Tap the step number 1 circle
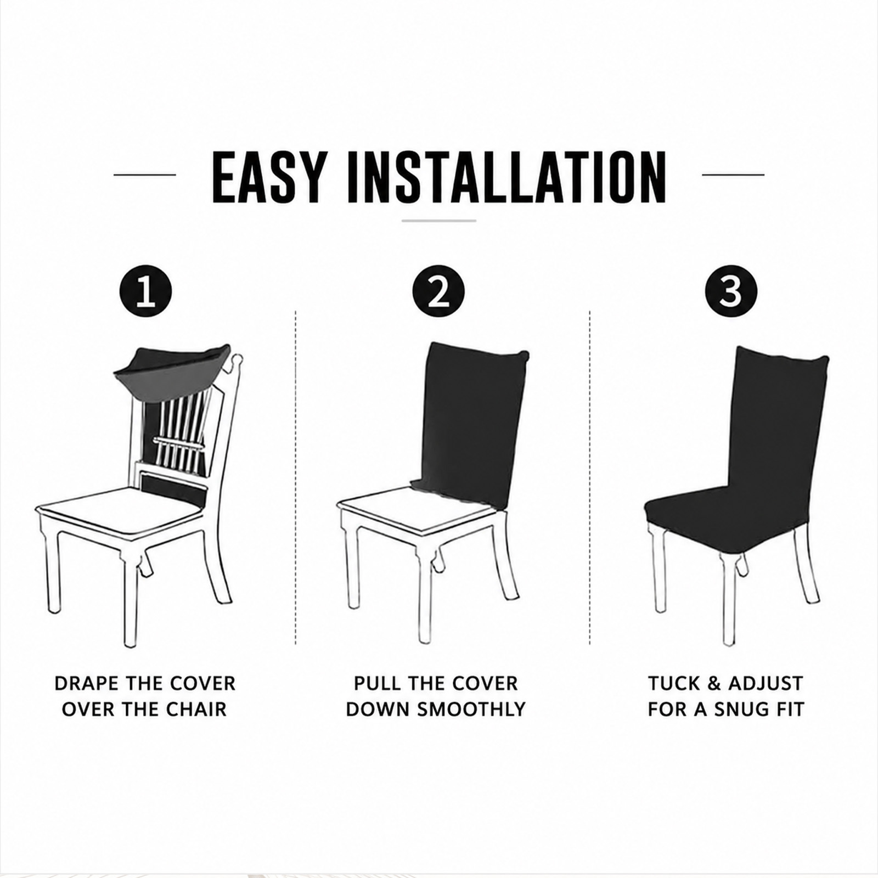145,291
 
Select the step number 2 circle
438,291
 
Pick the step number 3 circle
731,291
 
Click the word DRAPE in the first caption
87,684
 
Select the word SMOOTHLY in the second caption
471,709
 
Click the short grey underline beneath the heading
438,221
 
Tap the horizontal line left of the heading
144,175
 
